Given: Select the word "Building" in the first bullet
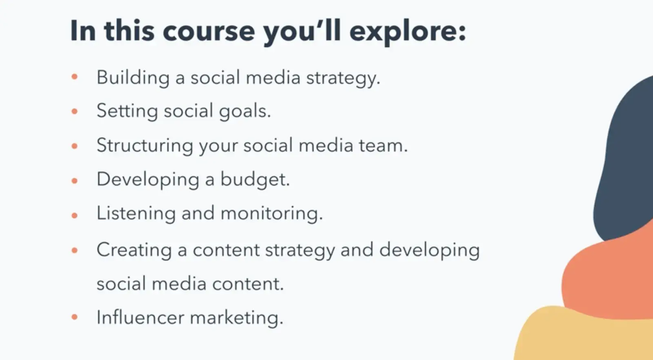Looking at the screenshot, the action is tap(133, 78).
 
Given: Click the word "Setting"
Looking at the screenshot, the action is tap(127, 111).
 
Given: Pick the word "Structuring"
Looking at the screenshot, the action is tap(145, 145).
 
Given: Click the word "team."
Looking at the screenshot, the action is tap(383, 145).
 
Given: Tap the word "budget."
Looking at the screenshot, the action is tap(255, 180).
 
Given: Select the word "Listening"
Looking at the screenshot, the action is tap(136, 213).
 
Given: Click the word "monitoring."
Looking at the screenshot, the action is tap(272, 213).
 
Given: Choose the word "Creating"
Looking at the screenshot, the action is tap(134, 250).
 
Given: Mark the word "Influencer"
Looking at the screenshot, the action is tap(140, 317).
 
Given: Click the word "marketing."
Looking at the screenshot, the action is tap(236, 318).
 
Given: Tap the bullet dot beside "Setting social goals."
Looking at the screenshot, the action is tap(75, 111).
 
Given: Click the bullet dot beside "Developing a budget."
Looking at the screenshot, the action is tap(75, 181).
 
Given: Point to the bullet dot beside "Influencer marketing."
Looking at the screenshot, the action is tap(75, 317).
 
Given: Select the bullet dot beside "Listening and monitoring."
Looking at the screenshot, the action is tap(75, 216).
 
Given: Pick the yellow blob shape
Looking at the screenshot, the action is tap(583, 338).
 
